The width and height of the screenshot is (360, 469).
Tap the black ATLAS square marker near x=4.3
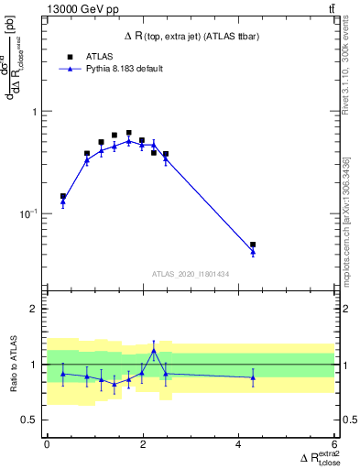click(253, 245)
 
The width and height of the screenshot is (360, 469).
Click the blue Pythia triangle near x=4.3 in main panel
click(253, 252)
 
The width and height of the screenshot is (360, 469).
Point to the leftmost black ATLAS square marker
click(63, 196)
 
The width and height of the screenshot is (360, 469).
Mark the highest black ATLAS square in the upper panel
click(129, 133)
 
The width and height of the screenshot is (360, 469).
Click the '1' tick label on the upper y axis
click(34, 112)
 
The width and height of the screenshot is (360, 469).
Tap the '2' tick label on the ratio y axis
click(34, 309)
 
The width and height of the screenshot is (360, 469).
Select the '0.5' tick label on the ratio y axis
click(29, 420)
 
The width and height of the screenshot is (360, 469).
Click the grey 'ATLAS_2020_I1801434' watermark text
click(190, 274)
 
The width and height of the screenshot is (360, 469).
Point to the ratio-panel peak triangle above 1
click(154, 350)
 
